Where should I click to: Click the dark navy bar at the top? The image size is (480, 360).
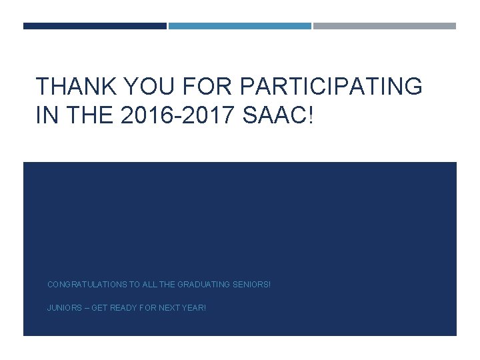point(95,26)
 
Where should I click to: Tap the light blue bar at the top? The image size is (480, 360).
point(239,26)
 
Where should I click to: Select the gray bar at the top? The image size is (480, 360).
point(385,26)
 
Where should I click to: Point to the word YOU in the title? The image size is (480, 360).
point(141,87)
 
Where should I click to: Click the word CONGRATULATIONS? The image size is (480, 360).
point(87,285)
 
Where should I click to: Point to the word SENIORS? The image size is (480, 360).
point(252,285)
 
